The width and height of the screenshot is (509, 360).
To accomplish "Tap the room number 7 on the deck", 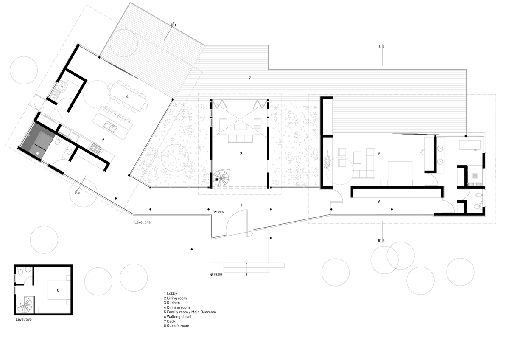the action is pos(250,78).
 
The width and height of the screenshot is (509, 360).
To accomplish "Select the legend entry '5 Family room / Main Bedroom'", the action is pos(190,312).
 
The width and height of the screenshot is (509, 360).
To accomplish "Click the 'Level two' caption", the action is pos(24,319).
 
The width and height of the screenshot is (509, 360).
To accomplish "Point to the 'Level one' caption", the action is pos(143,222).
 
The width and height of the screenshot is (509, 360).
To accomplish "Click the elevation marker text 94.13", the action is pos(221,212).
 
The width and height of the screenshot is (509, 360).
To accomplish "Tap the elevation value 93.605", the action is pos(218,275).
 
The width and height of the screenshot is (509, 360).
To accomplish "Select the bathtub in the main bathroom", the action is pos(470,145).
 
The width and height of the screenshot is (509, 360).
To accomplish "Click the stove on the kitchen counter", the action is pos(96,148).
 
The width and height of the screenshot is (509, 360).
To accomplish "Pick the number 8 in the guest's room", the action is pos(58,290).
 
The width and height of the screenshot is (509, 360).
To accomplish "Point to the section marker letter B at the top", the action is pos(380,47).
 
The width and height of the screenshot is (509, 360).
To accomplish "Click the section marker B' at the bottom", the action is pos(379,240).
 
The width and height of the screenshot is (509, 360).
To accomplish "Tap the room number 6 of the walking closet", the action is pos(379,202).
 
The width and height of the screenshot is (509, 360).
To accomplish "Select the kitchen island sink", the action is pos(110,127).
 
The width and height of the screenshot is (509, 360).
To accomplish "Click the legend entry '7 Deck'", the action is pos(170,321).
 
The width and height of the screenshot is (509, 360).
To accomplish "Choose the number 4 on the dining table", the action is pos(127,97).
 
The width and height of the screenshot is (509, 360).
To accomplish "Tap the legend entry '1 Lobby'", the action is pos(171,294).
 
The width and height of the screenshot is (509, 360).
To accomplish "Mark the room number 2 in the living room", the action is pos(241,154).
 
